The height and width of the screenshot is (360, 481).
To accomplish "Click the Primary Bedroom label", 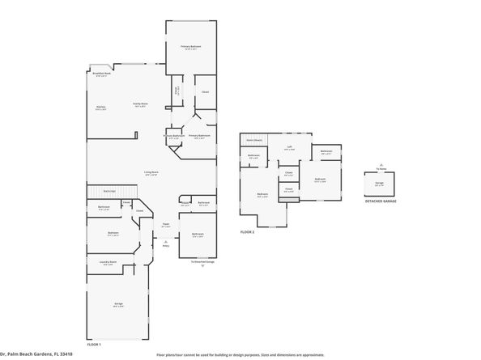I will tap(191, 47).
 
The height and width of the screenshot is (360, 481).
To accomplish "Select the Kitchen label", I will tap(101, 108).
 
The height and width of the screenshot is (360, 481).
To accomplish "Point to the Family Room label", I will tap(139, 104).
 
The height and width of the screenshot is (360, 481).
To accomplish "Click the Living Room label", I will tap(151, 172).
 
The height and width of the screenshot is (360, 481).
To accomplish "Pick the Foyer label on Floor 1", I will tap(165, 226).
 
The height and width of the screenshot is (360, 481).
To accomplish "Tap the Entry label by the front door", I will tap(166, 245).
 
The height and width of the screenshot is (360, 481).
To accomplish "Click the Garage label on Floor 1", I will tap(118, 304).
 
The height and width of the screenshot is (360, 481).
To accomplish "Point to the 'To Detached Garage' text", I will tap(202, 262).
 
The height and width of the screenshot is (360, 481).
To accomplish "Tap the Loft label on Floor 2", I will tap(290, 148).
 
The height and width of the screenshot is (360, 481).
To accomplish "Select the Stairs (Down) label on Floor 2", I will tap(253, 139).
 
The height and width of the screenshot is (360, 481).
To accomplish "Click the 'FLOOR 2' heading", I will tap(247, 232).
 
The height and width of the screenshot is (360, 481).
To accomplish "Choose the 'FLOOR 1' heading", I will tap(95, 344).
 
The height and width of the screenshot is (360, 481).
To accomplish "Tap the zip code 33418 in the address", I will tap(65, 354).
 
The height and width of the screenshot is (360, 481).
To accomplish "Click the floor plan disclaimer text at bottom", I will tap(240, 354).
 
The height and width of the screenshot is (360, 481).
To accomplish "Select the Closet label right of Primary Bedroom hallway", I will tap(205, 91).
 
